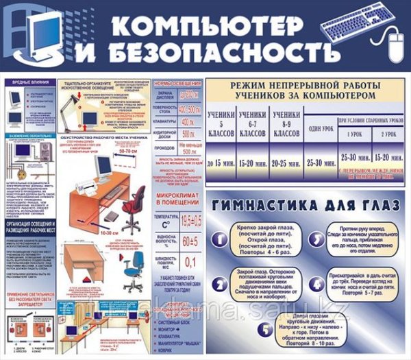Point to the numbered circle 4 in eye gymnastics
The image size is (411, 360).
[316, 284]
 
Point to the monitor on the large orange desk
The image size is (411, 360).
[104, 166]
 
